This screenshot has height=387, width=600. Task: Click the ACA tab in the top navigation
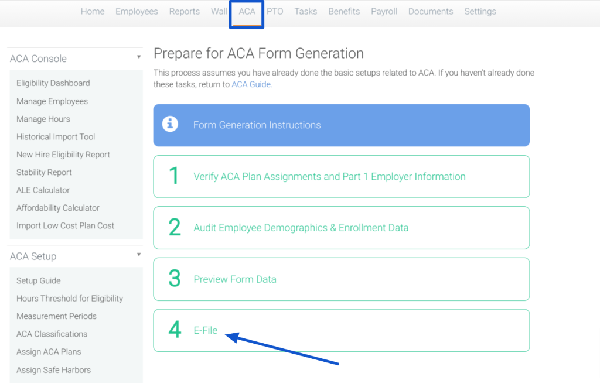click(247, 12)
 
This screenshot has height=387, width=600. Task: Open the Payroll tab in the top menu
click(384, 12)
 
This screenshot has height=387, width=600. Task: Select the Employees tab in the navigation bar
click(137, 12)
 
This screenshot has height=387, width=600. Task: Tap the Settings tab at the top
click(480, 12)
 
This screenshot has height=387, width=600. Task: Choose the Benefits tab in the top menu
click(344, 12)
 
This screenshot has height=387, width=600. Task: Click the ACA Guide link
click(251, 84)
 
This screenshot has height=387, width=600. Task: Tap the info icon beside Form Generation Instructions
click(170, 124)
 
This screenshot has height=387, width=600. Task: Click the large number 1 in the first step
click(174, 176)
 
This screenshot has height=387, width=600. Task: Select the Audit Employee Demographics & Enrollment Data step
click(301, 228)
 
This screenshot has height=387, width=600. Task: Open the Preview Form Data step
click(235, 279)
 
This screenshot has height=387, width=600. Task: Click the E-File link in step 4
click(206, 330)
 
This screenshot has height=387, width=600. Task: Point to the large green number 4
click(175, 329)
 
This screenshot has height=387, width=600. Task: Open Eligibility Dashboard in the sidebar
click(53, 83)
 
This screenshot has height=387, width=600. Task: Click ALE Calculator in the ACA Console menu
click(43, 190)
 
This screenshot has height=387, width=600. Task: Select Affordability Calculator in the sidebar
click(58, 208)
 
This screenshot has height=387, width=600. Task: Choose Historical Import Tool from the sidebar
click(56, 137)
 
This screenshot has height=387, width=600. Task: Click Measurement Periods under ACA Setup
click(56, 316)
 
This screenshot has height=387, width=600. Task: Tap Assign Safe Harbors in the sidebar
click(53, 370)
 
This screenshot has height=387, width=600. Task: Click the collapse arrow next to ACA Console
click(139, 57)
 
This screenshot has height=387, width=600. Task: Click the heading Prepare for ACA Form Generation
click(258, 53)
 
